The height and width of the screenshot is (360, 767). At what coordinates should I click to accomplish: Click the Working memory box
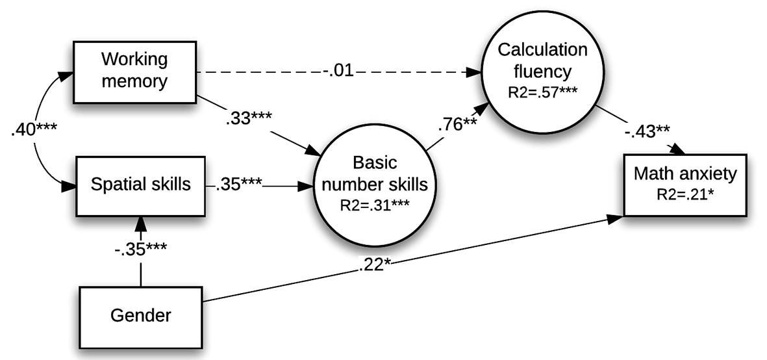[x=134, y=72]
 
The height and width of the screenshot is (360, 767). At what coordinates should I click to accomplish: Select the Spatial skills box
[x=140, y=186]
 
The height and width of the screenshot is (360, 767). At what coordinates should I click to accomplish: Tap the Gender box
[x=140, y=317]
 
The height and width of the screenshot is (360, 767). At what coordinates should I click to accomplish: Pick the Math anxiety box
[x=685, y=185]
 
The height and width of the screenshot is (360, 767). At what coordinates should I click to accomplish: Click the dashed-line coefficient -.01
[x=338, y=72]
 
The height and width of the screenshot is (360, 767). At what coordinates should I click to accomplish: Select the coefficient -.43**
[x=647, y=132]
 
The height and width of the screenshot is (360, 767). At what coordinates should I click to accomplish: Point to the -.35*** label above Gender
[x=140, y=249]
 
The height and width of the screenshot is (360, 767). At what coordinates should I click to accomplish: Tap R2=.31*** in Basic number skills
[x=374, y=205]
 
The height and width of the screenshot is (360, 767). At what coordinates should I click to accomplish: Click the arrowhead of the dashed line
[x=473, y=72]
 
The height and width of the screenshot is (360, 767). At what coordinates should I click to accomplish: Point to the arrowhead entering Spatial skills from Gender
[x=140, y=224]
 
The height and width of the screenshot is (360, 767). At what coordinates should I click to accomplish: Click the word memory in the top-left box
[x=134, y=81]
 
